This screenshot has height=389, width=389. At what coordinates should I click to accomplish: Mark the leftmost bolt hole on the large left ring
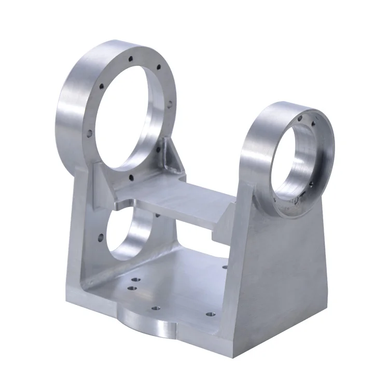coord(89,134)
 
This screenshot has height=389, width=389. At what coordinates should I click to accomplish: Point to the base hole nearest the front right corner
coord(210,314)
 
